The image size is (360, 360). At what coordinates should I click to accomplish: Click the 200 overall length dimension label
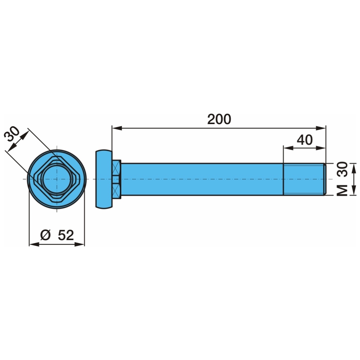click(219, 119)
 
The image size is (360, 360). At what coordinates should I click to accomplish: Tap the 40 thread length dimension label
click(305, 140)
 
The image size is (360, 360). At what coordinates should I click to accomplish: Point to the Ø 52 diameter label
click(57, 235)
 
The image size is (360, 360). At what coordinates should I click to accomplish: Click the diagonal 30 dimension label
click(12, 134)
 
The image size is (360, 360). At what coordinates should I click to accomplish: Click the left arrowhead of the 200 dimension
click(117, 128)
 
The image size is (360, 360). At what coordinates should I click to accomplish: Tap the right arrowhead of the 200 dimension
click(321, 128)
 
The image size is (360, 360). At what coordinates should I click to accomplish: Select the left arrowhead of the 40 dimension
click(288, 148)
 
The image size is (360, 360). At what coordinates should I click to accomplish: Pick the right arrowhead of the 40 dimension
click(321, 148)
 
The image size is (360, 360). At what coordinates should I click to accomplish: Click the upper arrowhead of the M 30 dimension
click(354, 168)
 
